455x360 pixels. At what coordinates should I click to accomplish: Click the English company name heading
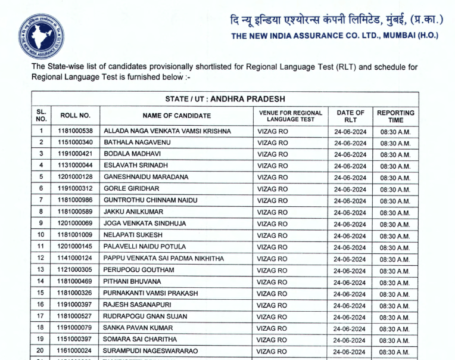click(x=334, y=36)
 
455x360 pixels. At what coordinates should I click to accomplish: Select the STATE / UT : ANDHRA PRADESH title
click(x=225, y=98)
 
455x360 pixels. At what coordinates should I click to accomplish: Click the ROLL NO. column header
click(x=76, y=116)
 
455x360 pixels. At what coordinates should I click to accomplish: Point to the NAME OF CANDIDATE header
click(x=176, y=116)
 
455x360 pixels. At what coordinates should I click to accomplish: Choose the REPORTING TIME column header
click(x=395, y=116)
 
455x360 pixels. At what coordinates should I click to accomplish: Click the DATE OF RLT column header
click(x=350, y=116)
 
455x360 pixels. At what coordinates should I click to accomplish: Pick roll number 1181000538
click(x=76, y=131)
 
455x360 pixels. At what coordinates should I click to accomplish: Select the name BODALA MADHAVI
click(x=127, y=154)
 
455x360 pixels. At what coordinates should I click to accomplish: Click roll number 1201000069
click(x=76, y=224)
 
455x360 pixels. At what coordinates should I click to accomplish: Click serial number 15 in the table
click(x=41, y=293)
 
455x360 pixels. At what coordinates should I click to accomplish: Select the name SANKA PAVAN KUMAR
click(x=138, y=328)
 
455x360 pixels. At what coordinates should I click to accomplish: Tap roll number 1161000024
click(x=76, y=351)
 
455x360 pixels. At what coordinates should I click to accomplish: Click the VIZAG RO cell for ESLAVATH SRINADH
click(x=272, y=166)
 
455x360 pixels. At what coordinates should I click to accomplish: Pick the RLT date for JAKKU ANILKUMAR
click(x=350, y=212)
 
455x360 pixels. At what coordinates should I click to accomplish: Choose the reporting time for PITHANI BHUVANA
click(x=395, y=282)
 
